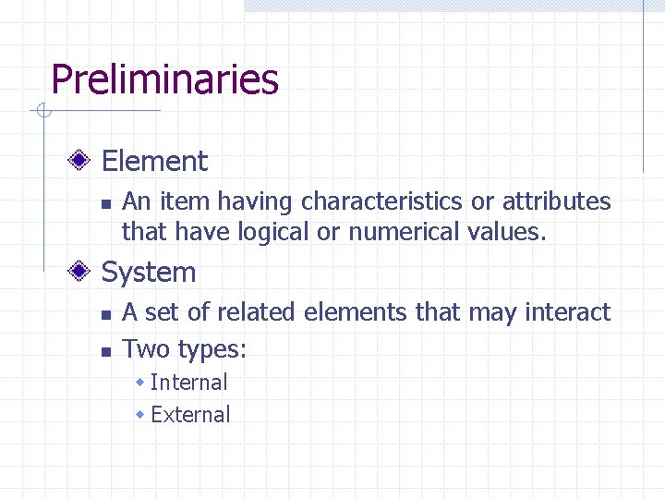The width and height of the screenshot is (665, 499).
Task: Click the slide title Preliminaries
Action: [164, 79]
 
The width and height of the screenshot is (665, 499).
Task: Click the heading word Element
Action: [154, 162]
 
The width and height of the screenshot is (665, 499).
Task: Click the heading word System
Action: [149, 273]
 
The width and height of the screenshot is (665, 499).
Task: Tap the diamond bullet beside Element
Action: [81, 162]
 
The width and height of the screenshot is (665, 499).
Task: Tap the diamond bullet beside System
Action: [81, 273]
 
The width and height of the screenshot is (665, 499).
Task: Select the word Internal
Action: [188, 383]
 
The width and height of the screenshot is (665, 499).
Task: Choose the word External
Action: [190, 415]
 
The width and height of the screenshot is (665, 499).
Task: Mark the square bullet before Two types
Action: [106, 351]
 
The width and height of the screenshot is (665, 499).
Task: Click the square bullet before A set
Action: [106, 315]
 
